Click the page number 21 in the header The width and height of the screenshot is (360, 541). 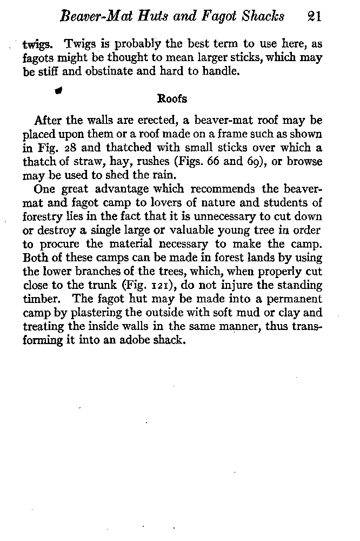(313, 16)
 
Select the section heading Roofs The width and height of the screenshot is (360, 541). (172, 98)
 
